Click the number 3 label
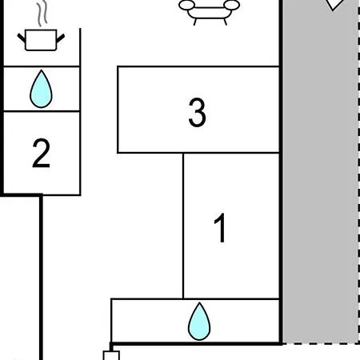click(x=197, y=112)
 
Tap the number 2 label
click(x=41, y=153)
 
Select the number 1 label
click(x=220, y=228)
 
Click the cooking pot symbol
click(x=41, y=40)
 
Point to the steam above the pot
click(x=42, y=14)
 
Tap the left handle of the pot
click(x=22, y=38)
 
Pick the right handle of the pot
click(x=61, y=38)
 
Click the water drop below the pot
click(x=41, y=89)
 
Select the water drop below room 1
click(x=199, y=322)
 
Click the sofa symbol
click(x=209, y=12)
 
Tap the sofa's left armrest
click(x=186, y=5)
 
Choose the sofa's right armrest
click(x=232, y=5)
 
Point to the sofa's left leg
click(x=195, y=22)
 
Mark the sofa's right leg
click(x=226, y=22)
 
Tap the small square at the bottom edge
click(x=111, y=356)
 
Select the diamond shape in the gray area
click(x=333, y=5)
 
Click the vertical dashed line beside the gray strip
click(x=358, y=172)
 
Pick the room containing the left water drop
click(x=42, y=89)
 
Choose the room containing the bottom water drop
click(x=195, y=321)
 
